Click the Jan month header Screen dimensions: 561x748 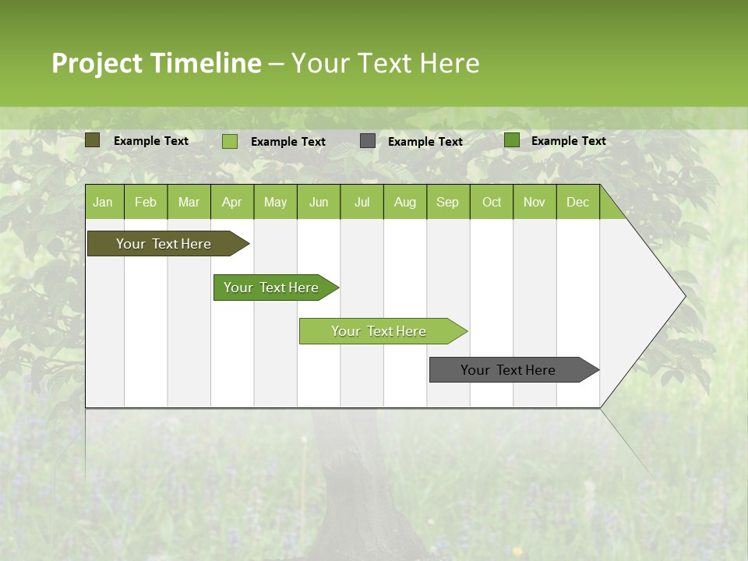(x=104, y=202)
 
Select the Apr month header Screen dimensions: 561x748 (x=232, y=202)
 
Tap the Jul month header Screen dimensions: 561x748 (x=362, y=202)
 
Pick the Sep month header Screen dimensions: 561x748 (x=447, y=202)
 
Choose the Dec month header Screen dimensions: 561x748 (x=577, y=202)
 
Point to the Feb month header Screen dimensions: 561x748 (x=146, y=202)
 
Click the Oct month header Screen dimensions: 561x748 (x=492, y=202)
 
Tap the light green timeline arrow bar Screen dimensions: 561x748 (x=379, y=331)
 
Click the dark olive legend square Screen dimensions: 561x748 (x=93, y=140)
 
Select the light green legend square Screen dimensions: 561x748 (x=230, y=141)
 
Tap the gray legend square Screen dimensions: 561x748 (x=368, y=141)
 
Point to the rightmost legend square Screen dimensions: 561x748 (x=512, y=140)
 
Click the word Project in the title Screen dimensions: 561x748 (x=97, y=63)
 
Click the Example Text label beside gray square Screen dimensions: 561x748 (x=425, y=142)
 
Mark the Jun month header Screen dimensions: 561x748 (x=319, y=202)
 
